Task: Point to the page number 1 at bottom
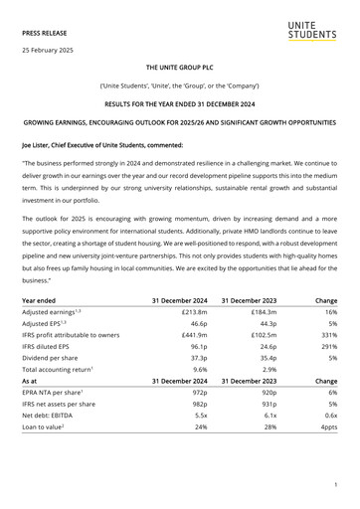pyautogui.click(x=337, y=484)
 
